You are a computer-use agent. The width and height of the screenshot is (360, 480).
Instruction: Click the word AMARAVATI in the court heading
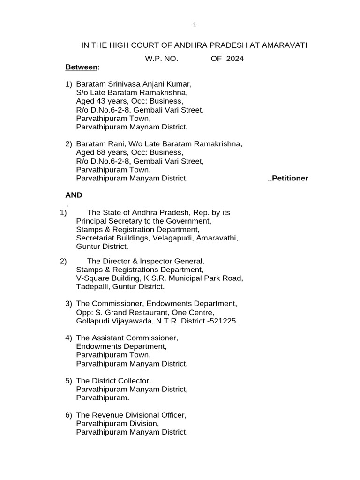(280, 45)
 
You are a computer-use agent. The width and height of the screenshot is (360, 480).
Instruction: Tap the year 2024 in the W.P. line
(234, 59)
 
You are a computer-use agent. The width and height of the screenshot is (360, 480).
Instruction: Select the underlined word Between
(81, 67)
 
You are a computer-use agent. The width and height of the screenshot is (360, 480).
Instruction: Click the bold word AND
(74, 195)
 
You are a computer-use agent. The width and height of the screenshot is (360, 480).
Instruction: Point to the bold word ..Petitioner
(287, 178)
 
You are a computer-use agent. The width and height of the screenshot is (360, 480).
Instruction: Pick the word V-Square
(91, 278)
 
